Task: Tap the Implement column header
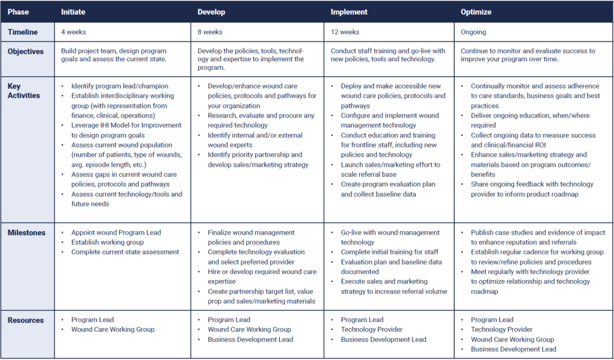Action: point(350,12)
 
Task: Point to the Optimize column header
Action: point(476,12)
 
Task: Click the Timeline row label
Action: point(23,32)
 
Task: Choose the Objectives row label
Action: point(26,52)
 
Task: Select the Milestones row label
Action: point(26,233)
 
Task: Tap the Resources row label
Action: point(26,320)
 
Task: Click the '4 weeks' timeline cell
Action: point(74,32)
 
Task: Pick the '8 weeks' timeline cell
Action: point(210,32)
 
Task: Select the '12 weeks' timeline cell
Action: point(345,32)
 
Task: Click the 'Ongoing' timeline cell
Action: point(474,32)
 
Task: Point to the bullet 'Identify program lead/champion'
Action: point(120,86)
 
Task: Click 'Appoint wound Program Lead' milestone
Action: point(116,233)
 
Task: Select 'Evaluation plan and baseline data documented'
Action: point(392,267)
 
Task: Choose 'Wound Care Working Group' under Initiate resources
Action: point(113,329)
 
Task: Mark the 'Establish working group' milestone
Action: point(107,242)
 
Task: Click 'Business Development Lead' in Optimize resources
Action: point(513,349)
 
